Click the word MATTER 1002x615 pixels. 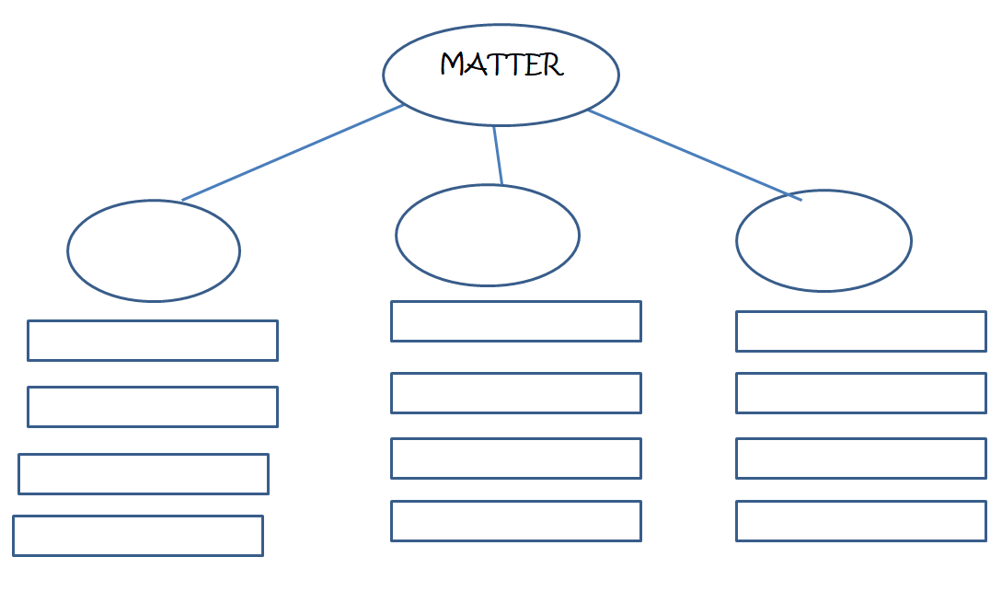tap(501, 65)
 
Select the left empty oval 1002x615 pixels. tap(154, 250)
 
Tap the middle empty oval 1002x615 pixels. tap(488, 235)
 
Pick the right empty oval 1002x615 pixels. tap(823, 241)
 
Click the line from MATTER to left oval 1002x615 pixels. tap(293, 153)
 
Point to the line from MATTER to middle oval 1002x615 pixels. tap(498, 155)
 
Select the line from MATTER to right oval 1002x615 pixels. tap(695, 155)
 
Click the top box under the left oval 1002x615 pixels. tap(153, 341)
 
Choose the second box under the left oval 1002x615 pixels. tap(153, 407)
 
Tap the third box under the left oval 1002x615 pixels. tap(144, 474)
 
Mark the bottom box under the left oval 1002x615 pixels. tap(138, 536)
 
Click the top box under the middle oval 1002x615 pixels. tap(516, 321)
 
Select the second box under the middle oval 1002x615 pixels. tap(516, 393)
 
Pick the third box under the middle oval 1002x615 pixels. tap(516, 458)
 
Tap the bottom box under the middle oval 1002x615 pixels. tap(516, 521)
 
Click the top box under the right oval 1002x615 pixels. tap(861, 331)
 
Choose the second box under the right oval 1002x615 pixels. tap(861, 393)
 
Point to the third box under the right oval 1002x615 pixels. tap(861, 458)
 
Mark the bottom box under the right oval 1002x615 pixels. tap(861, 521)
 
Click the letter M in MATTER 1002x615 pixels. tap(453, 65)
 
